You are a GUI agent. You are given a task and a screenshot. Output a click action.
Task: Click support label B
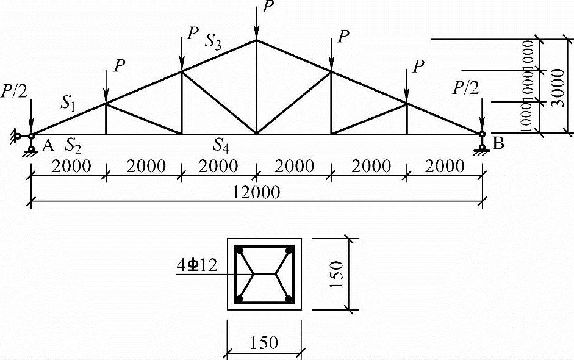(x=498, y=144)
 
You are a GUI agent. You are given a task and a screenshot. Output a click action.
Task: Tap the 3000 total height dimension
(x=558, y=85)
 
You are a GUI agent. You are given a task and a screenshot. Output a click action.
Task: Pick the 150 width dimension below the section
(x=264, y=342)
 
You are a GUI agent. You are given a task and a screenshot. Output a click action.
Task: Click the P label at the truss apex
(x=267, y=7)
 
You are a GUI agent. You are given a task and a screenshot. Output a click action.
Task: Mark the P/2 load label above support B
(x=465, y=88)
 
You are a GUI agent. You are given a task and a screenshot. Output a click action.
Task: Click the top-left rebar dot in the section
(x=240, y=250)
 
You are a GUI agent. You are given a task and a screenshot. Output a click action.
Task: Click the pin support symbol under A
(x=31, y=147)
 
